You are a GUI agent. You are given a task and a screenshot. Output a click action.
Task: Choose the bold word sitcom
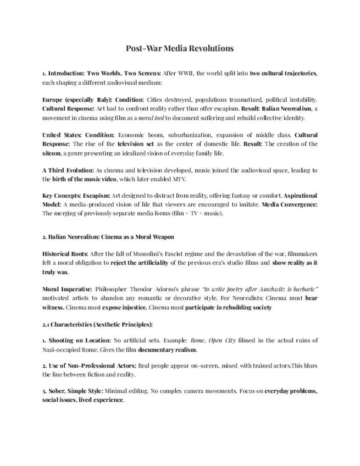(x=53, y=153)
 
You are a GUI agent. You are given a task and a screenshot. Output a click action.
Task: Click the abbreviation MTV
(x=179, y=179)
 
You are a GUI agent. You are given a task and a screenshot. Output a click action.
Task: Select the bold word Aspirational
(x=300, y=195)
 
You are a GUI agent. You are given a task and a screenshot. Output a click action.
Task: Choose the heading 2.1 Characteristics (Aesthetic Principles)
(x=98, y=324)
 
